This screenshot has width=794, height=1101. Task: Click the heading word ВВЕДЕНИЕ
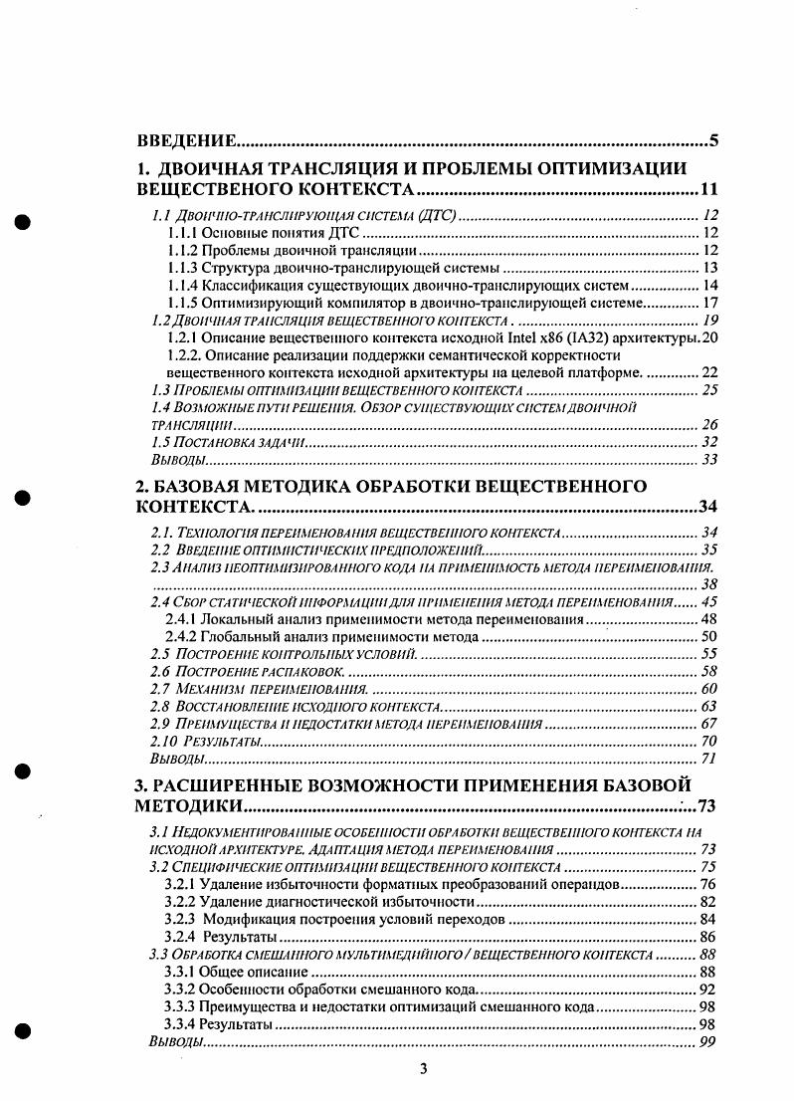tap(185, 139)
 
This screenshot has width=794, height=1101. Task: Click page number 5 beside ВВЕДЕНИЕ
tap(713, 139)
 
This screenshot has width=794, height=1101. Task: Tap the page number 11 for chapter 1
tap(709, 189)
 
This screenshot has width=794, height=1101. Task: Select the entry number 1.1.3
tap(183, 268)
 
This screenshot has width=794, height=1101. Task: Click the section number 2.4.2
tap(181, 637)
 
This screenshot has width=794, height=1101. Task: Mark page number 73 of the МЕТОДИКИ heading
tap(708, 805)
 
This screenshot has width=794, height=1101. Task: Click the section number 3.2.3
tap(182, 919)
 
